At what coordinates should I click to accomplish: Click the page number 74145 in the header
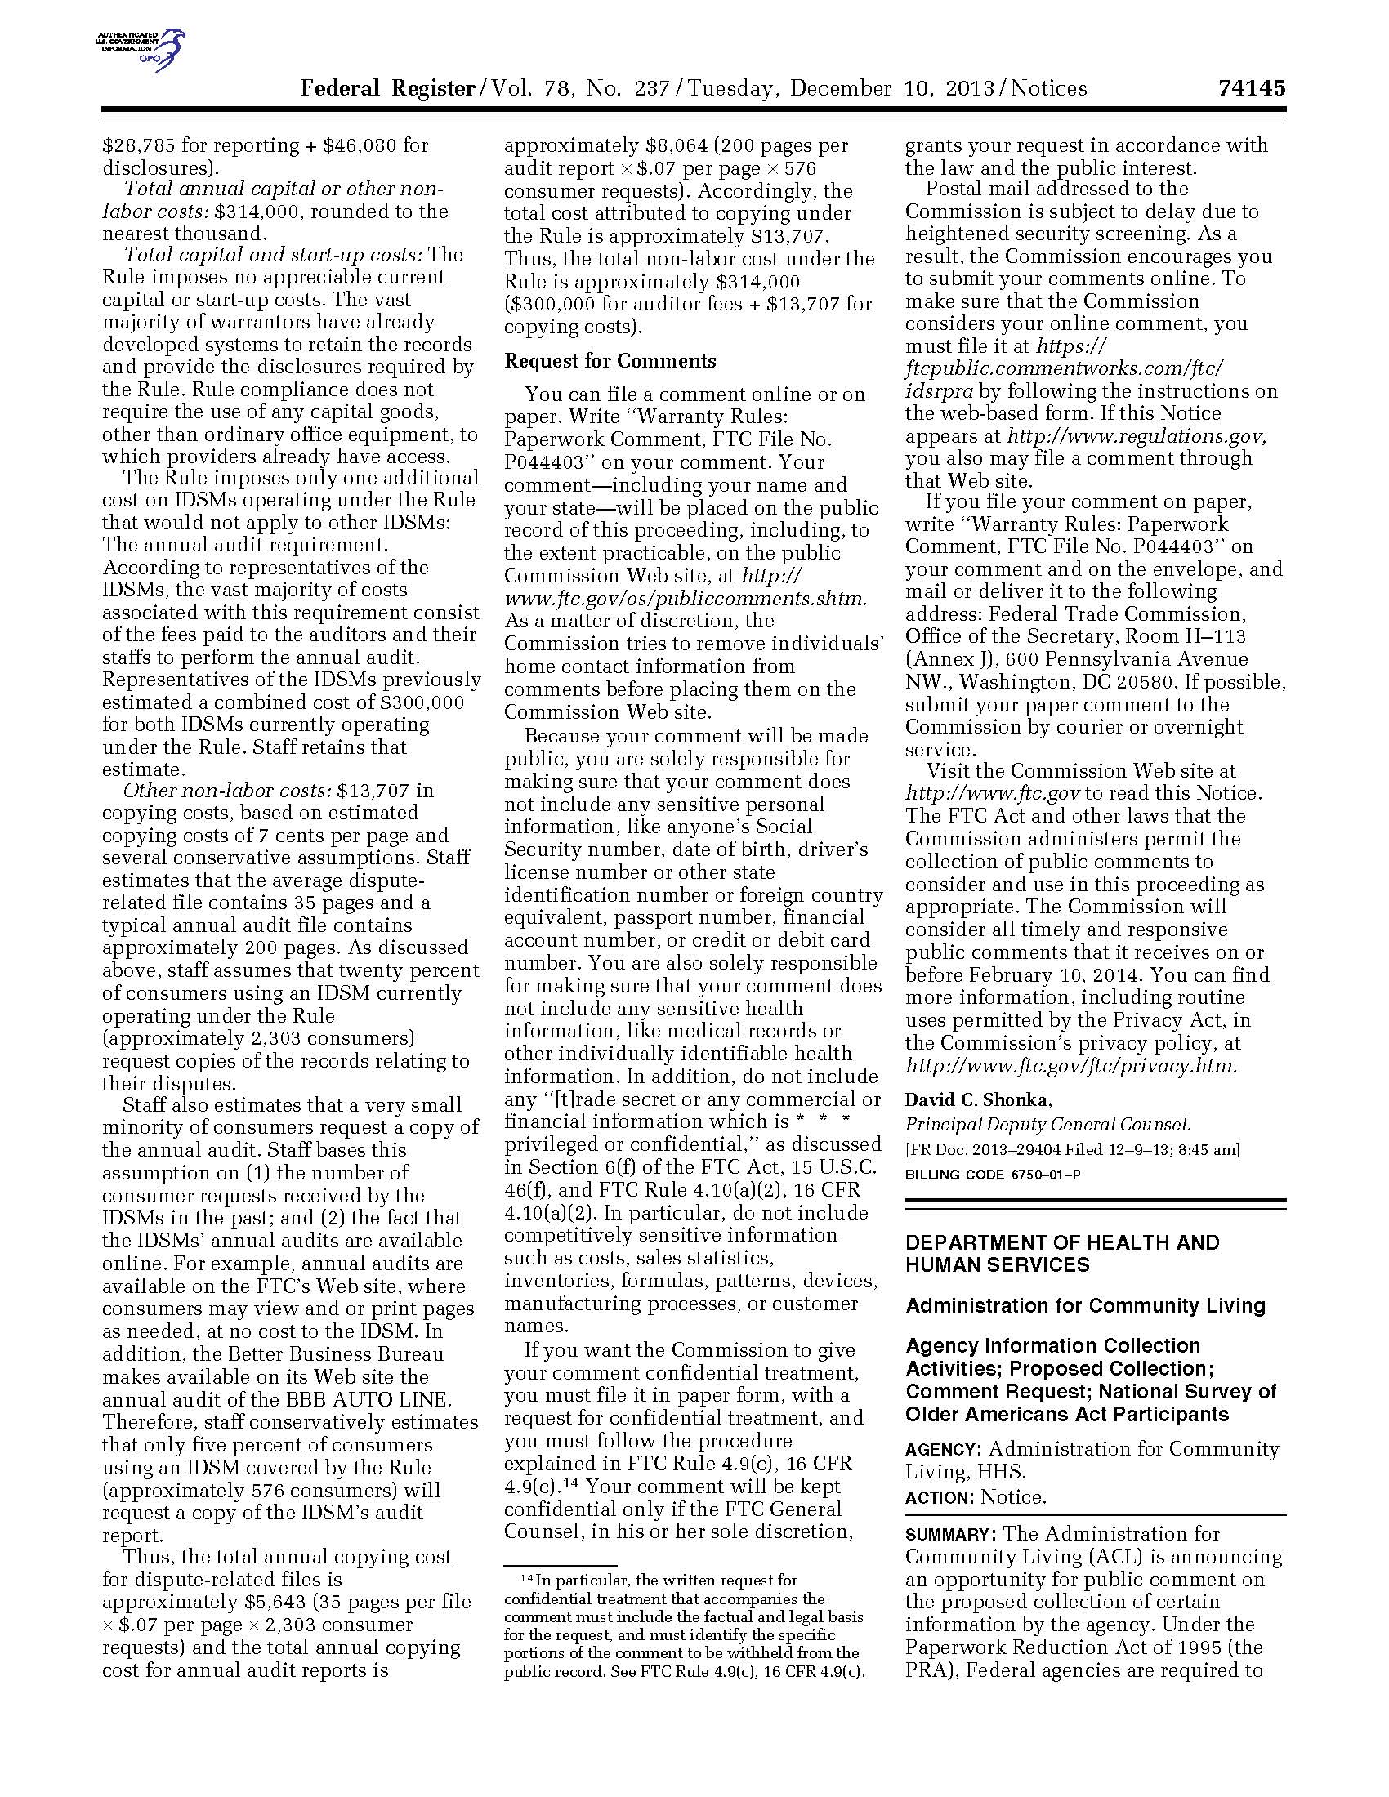(1251, 88)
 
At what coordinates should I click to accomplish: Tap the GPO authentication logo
(140, 49)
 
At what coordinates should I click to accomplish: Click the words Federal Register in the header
(387, 88)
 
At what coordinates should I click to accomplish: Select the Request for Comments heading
(610, 360)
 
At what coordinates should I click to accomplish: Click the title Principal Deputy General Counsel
(1047, 1124)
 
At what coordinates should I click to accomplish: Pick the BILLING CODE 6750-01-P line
(993, 1174)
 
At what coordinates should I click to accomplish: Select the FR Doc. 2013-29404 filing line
(1071, 1149)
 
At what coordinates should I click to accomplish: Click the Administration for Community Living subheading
(1085, 1305)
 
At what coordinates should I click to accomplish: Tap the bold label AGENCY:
(943, 1450)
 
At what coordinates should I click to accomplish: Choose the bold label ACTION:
(940, 1497)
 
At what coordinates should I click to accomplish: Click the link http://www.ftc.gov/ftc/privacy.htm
(1070, 1065)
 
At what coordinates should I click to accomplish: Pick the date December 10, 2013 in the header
(892, 88)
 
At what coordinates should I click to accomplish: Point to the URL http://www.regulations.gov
(1136, 435)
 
